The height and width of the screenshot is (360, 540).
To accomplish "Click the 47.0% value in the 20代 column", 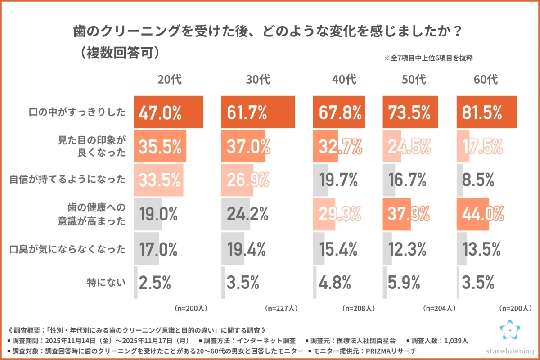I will [160, 112].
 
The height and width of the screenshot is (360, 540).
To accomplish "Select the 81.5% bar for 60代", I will [486, 112].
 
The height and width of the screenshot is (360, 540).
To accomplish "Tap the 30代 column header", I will [258, 80].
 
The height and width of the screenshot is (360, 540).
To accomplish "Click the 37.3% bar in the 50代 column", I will [396, 214].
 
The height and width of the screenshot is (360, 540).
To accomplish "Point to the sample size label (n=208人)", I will [358, 308].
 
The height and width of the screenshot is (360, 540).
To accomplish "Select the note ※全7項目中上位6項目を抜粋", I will [427, 58].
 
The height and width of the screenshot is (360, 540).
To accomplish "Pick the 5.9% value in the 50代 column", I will [405, 283].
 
